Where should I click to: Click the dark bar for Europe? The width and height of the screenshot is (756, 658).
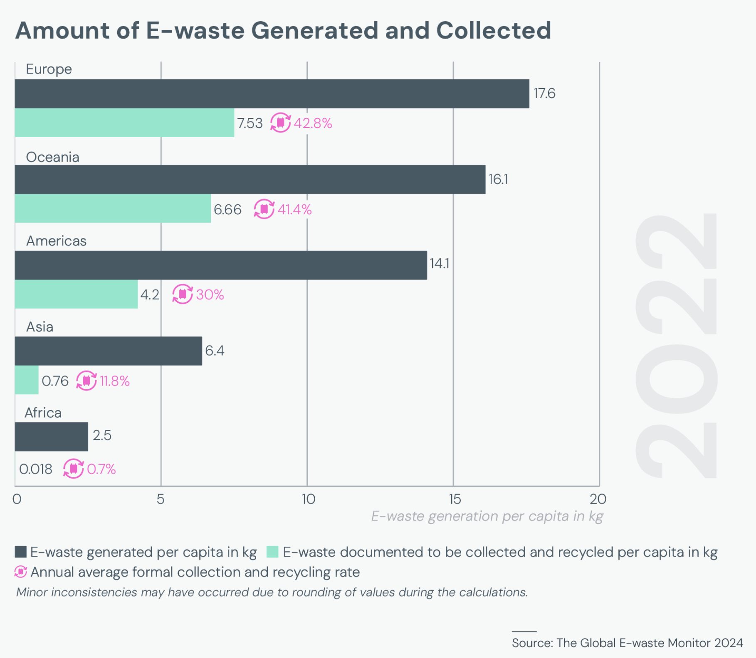272,94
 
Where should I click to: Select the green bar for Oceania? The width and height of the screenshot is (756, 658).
113,208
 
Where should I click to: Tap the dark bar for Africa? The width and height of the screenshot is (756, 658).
52,437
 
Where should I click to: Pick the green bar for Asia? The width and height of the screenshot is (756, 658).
27,380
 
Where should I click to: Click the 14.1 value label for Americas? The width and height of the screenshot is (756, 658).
439,263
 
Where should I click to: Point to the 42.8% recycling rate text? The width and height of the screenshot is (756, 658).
313,123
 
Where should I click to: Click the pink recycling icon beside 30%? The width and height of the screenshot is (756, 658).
183,294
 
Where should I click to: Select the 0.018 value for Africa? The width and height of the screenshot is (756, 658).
36,469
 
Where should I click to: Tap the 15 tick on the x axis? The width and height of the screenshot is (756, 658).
455,499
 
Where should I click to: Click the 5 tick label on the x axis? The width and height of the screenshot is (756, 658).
161,499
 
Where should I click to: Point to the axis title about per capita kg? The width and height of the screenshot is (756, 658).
487,516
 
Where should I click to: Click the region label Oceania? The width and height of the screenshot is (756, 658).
52,157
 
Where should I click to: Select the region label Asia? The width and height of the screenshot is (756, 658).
40,327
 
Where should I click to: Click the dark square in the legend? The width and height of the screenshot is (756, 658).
21,552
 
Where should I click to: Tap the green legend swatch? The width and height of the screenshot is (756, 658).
272,552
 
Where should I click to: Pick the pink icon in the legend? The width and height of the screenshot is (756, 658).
20,572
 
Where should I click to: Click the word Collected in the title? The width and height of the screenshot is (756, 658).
493,30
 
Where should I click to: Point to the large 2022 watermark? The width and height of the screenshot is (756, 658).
676,346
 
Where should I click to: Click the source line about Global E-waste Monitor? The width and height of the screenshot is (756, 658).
627,643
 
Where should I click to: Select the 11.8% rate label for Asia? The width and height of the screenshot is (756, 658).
115,381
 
